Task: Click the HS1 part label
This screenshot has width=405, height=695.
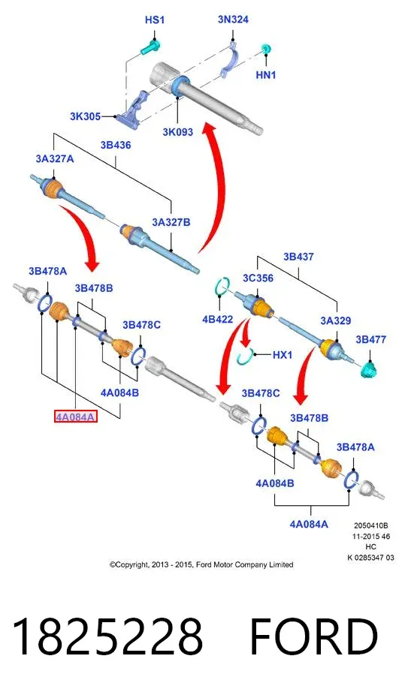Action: click(x=154, y=20)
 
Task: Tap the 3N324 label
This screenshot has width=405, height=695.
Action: click(x=233, y=20)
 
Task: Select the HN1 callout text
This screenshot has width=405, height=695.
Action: click(x=266, y=75)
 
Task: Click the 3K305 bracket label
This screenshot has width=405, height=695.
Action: click(x=85, y=116)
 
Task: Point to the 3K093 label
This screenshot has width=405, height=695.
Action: click(x=177, y=131)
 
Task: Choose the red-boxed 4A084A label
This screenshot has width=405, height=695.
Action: click(x=75, y=417)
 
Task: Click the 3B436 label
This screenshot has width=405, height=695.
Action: click(x=115, y=145)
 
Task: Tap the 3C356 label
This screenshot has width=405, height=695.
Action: click(x=258, y=278)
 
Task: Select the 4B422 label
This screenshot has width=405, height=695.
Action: click(x=217, y=319)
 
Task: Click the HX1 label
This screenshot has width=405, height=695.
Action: click(x=282, y=354)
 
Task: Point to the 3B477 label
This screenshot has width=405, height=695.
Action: click(x=371, y=339)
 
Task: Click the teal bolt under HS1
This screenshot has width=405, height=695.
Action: click(x=151, y=48)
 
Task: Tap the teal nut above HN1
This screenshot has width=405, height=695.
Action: click(x=266, y=48)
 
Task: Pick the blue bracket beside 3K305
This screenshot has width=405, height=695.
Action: click(x=133, y=109)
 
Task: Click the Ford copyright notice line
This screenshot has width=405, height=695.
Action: click(x=201, y=564)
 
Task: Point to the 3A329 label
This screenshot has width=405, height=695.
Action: click(x=336, y=320)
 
